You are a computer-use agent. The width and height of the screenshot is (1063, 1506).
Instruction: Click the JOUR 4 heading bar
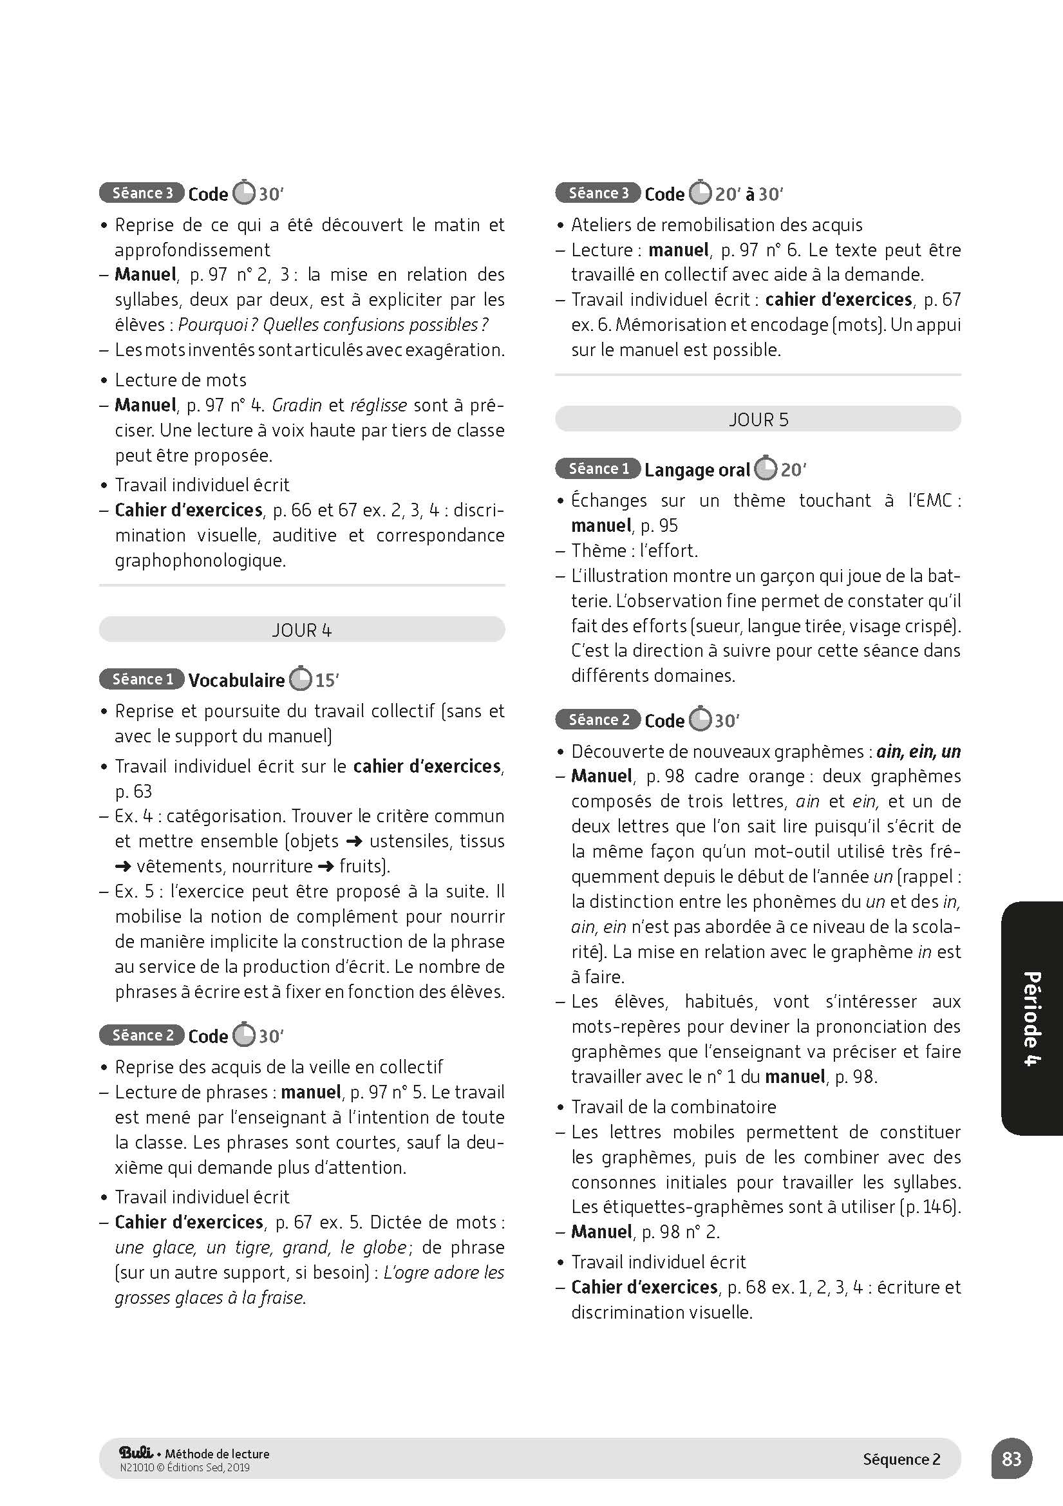[x=302, y=630]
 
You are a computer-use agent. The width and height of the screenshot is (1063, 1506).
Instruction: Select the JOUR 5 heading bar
[x=758, y=419]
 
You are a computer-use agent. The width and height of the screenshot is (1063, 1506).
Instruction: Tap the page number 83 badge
[x=1011, y=1458]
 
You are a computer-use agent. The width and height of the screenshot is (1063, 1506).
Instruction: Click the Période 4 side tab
[x=1031, y=1019]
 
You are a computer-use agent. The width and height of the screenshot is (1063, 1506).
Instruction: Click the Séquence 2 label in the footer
[x=901, y=1459]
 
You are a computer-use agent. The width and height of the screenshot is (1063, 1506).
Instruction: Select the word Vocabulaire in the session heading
[x=236, y=680]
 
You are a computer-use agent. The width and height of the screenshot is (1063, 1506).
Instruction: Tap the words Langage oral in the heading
[x=697, y=469]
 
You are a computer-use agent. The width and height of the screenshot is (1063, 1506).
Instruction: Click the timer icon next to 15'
[x=300, y=679]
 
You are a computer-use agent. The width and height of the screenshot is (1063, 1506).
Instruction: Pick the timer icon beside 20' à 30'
[x=701, y=193]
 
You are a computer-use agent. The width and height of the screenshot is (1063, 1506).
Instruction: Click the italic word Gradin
[x=296, y=406]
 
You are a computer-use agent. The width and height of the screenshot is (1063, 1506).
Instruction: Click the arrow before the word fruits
[x=326, y=867]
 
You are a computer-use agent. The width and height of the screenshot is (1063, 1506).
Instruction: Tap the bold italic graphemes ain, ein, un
[x=918, y=751]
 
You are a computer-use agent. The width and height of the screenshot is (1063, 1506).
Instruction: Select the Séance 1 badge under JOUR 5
[x=598, y=469]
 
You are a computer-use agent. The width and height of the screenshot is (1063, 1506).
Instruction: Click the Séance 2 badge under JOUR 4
[x=142, y=1035]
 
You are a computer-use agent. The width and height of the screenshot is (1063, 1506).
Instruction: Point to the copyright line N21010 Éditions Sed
[x=185, y=1468]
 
